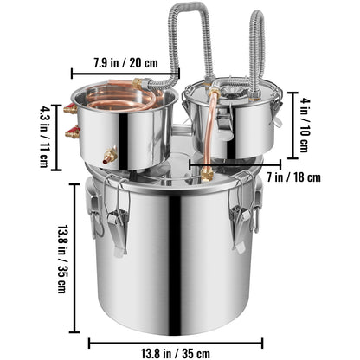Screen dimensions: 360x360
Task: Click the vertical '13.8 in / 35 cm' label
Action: pos(62,260)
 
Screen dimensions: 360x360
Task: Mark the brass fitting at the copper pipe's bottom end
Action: pos(207,172)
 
